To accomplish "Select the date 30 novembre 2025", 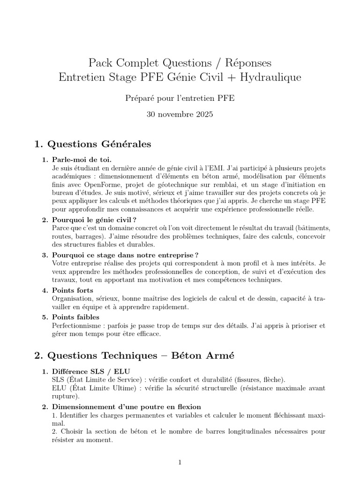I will [180, 114].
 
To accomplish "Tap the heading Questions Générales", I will [99, 144].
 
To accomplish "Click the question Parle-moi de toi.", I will [82, 159].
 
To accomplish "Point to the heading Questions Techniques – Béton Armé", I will [134, 356].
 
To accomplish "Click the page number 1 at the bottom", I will [180, 463].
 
